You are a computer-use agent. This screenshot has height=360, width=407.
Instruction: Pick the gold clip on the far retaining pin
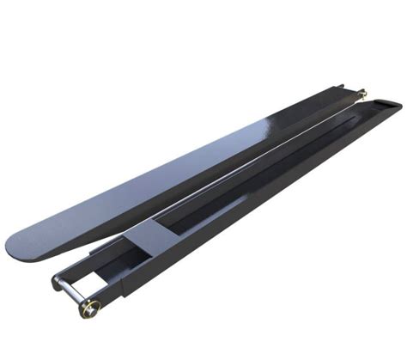362,93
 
